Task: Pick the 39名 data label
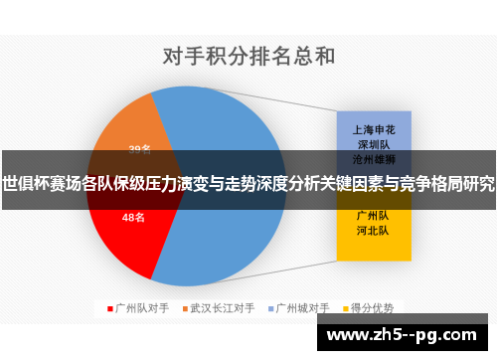tap(140, 150)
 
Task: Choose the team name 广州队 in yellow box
tap(372, 215)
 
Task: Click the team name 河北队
tap(372, 230)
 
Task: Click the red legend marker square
tap(109, 308)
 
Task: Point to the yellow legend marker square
tap(346, 308)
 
